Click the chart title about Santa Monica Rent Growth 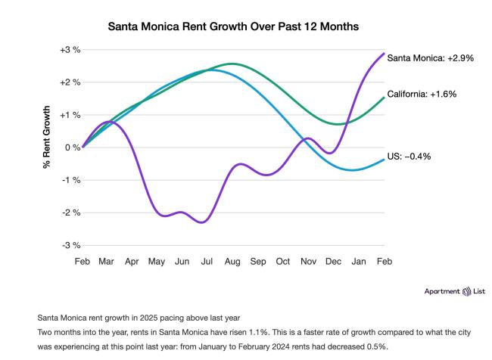point(232,26)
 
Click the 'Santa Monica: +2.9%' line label point(430,57)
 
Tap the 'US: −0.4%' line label point(409,156)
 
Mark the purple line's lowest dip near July point(202,222)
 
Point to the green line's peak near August point(232,64)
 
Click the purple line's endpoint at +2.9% point(384,53)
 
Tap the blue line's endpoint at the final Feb point(384,159)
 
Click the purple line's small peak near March point(108,121)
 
